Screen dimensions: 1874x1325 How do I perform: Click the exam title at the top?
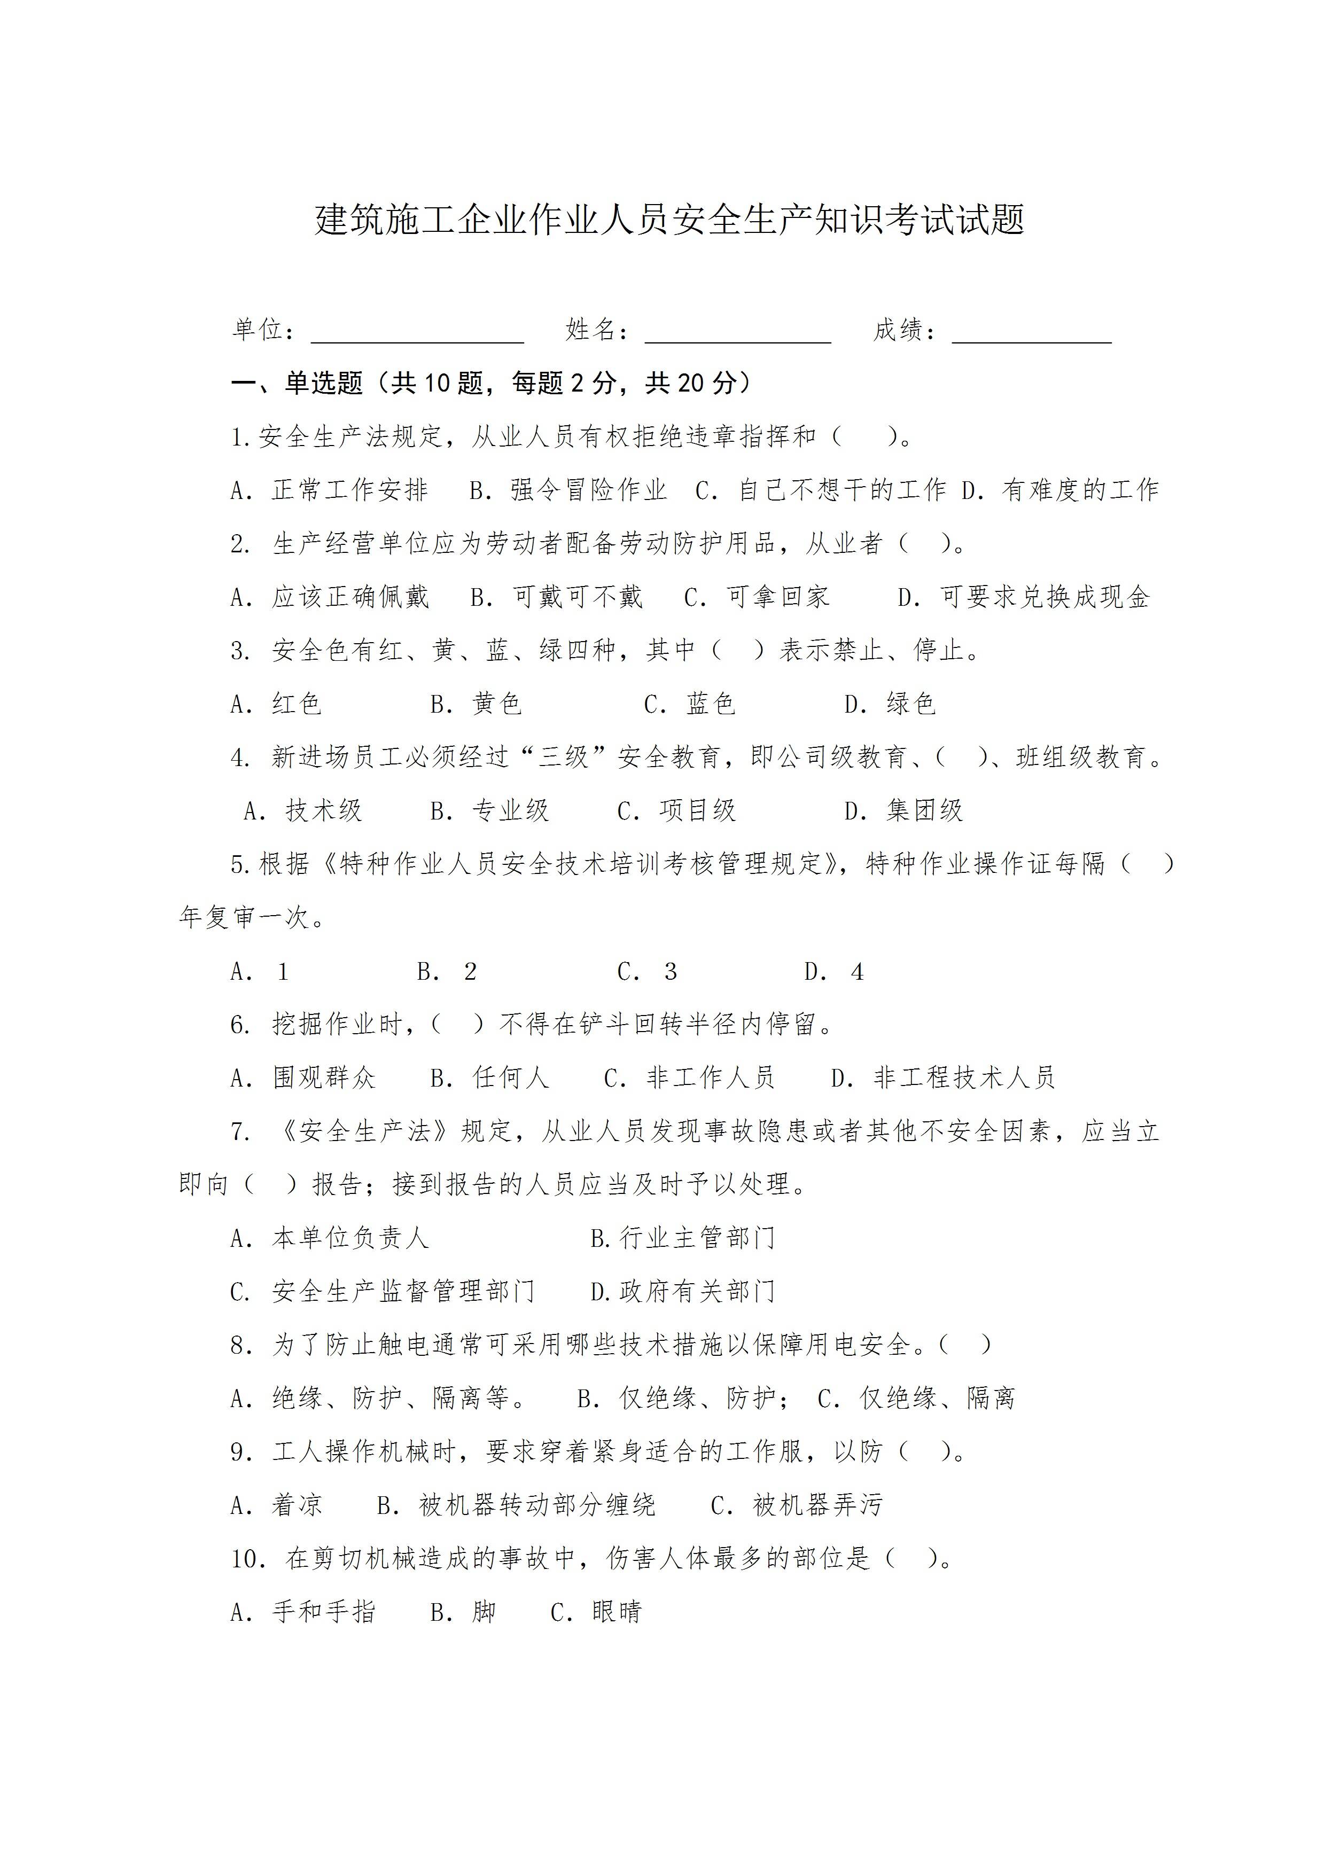(669, 221)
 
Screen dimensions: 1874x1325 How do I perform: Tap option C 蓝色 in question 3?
(690, 704)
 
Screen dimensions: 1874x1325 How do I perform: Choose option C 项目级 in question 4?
(677, 810)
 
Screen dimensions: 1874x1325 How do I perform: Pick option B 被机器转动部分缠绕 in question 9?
(516, 1505)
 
